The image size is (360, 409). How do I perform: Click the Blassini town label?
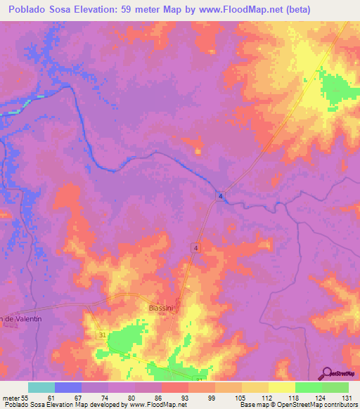tap(162, 308)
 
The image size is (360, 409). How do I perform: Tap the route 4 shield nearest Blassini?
tap(195, 246)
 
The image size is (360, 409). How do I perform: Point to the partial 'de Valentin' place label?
tap(21, 319)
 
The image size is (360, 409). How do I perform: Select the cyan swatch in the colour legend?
tap(41, 387)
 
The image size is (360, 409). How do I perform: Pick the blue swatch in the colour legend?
tap(68, 387)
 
